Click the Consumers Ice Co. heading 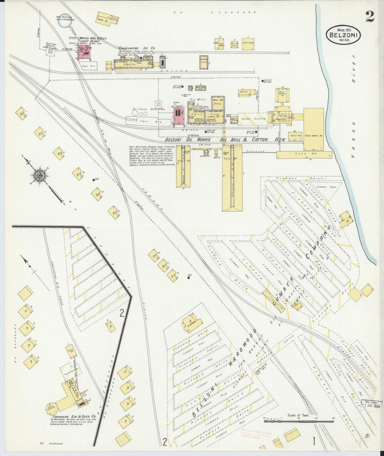[137, 48]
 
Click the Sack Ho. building [294, 135]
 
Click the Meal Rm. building [218, 102]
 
